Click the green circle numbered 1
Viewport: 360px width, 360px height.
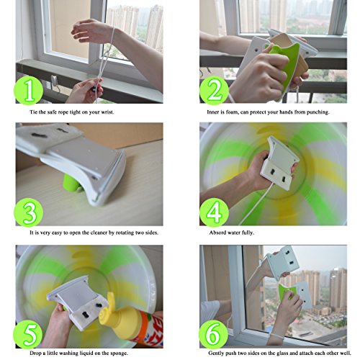(x=29, y=90)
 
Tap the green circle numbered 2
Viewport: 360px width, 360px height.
(x=214, y=91)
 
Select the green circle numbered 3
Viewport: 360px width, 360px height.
(x=29, y=212)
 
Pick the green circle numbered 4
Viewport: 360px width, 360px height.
(x=214, y=212)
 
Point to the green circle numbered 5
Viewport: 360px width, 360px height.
(x=28, y=334)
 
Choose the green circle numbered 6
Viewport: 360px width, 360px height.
(x=213, y=334)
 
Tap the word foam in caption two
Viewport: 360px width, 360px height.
(x=232, y=112)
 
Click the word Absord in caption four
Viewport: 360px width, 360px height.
(x=217, y=233)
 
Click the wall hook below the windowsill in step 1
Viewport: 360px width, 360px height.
(x=55, y=81)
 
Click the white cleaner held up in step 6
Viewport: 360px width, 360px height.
(x=283, y=262)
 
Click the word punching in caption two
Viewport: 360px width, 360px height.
(x=318, y=112)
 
